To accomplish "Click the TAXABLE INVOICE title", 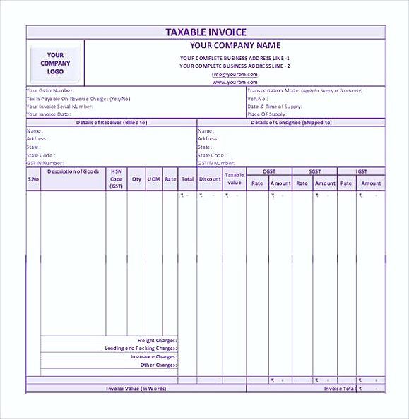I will point(206,32).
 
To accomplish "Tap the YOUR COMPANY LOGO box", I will point(55,63).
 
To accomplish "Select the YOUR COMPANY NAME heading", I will point(235,46).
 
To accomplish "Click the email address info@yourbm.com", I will point(235,74).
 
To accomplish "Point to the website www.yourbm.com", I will point(235,82).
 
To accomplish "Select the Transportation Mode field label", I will point(273,91).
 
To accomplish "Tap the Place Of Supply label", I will point(266,114).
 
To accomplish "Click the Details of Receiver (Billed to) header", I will point(111,123).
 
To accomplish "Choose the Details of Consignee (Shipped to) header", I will point(291,123).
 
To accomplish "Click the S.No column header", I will point(33,179).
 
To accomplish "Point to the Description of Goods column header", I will point(73,171).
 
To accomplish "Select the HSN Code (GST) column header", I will point(116,179).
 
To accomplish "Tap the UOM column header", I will point(153,179).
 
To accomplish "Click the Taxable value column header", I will point(235,179).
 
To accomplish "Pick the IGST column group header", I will point(361,171).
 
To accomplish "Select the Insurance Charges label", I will point(153,357).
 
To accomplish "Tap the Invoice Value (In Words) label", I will point(136,389).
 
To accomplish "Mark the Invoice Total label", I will point(339,389).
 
